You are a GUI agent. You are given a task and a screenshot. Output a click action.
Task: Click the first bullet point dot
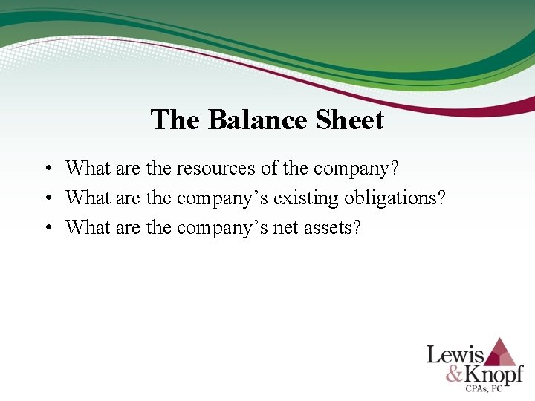pyautogui.click(x=47, y=169)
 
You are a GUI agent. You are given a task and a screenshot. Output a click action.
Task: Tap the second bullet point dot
pyautogui.click(x=47, y=198)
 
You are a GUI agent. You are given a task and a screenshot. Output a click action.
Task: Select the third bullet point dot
pyautogui.click(x=47, y=228)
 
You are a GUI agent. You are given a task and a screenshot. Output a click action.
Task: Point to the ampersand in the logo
pyautogui.click(x=455, y=373)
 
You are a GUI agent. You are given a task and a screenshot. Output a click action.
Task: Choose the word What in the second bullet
pyautogui.click(x=88, y=198)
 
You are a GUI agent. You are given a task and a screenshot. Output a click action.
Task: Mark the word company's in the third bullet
pyautogui.click(x=222, y=227)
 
